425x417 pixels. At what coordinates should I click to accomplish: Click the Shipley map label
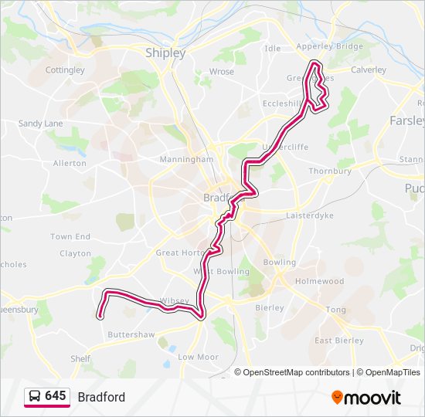point(165,53)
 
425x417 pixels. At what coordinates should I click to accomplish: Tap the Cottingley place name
point(65,70)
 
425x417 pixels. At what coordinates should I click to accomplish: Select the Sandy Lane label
point(40,124)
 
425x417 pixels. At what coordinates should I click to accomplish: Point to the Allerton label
point(70,164)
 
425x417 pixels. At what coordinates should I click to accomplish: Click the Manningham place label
point(185,159)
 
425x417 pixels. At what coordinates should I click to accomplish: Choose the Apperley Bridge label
point(329,47)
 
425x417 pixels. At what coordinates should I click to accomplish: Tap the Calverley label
point(369,70)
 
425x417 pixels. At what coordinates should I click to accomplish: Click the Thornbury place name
point(330,171)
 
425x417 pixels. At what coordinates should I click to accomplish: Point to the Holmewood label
point(319,282)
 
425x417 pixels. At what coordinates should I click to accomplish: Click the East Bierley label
point(338,341)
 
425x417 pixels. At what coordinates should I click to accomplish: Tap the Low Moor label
point(198,358)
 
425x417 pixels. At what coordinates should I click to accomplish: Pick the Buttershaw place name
point(131,335)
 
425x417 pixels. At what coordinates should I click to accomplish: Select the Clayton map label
point(75,253)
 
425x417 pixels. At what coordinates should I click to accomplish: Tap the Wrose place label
point(221,72)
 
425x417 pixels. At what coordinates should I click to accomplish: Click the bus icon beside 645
point(34,397)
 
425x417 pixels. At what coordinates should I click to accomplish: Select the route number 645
point(56,396)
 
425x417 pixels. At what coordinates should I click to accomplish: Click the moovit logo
point(366,398)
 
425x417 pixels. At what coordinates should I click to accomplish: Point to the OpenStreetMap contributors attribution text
point(295,372)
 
